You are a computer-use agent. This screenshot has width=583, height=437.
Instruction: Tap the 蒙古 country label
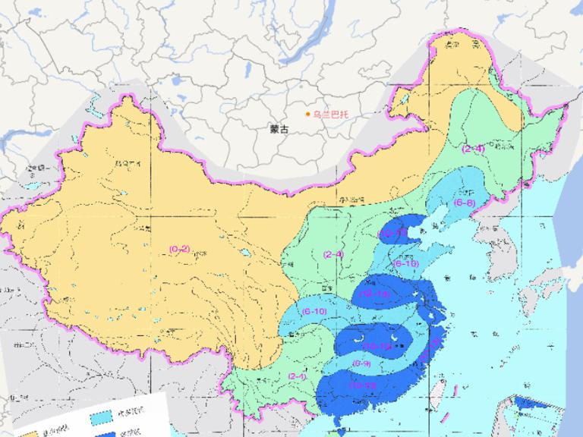click(279, 129)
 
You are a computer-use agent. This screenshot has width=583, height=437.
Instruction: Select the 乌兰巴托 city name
click(332, 115)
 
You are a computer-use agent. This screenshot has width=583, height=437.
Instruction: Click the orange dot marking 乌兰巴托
click(308, 115)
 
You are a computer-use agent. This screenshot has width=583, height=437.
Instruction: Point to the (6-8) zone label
click(465, 203)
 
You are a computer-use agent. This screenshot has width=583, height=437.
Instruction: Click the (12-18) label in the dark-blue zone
click(377, 294)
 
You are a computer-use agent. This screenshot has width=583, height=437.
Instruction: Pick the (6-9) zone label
click(362, 363)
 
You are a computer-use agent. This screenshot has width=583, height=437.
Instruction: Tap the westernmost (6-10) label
click(314, 311)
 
